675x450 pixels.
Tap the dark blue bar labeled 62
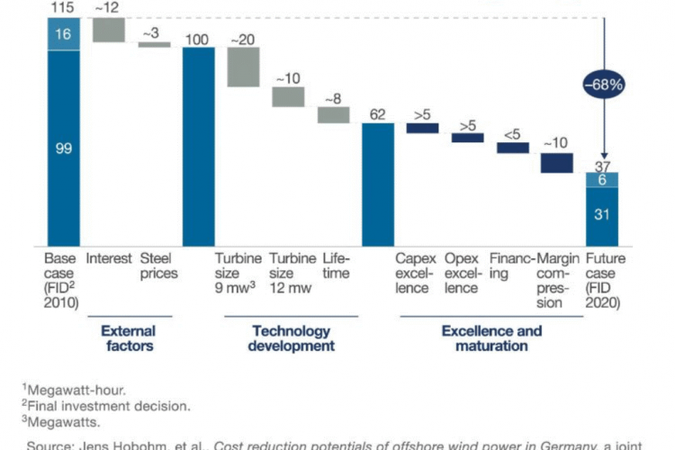click(378, 184)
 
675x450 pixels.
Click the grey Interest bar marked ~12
click(109, 30)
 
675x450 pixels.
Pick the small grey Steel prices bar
click(154, 43)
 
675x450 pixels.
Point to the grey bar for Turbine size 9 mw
click(243, 67)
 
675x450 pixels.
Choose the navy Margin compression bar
click(557, 163)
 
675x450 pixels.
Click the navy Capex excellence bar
click(422, 128)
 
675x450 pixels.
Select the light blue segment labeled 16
click(63, 34)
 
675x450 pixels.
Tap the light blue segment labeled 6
click(602, 180)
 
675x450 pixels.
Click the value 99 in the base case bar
click(63, 148)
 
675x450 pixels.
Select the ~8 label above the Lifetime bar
click(332, 99)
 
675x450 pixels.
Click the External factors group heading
click(129, 338)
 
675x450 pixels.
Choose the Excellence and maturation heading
click(490, 338)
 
